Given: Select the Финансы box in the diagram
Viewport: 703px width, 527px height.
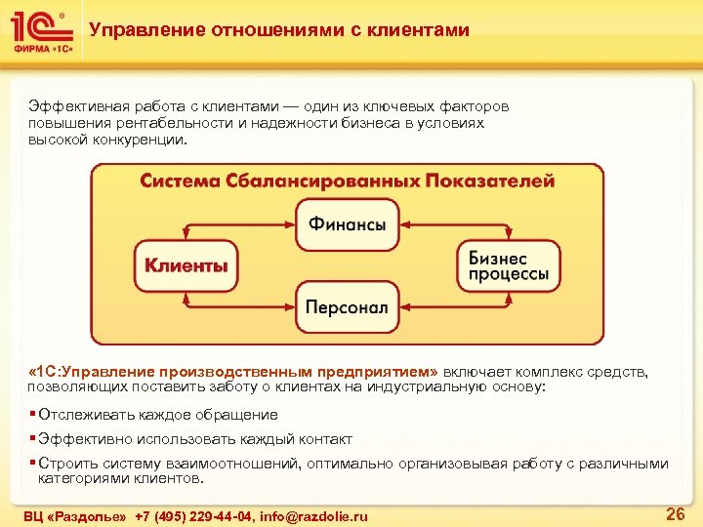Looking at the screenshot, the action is [348, 224].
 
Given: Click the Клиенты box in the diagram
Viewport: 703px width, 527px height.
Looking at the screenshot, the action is [186, 264].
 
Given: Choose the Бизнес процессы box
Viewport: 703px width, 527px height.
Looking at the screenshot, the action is [509, 265].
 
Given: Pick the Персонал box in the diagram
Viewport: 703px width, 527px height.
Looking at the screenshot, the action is [348, 306].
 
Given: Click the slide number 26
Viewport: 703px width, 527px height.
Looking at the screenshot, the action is [674, 513].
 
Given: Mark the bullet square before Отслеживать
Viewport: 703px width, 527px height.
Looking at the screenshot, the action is [32, 414].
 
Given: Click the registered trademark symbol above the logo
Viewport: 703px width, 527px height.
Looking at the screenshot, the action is [62, 16].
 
